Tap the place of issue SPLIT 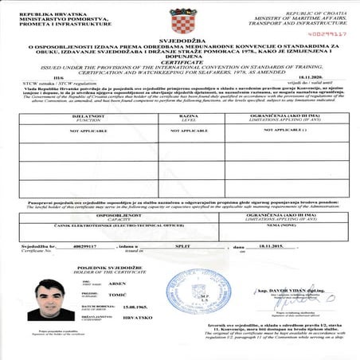[184, 247]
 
